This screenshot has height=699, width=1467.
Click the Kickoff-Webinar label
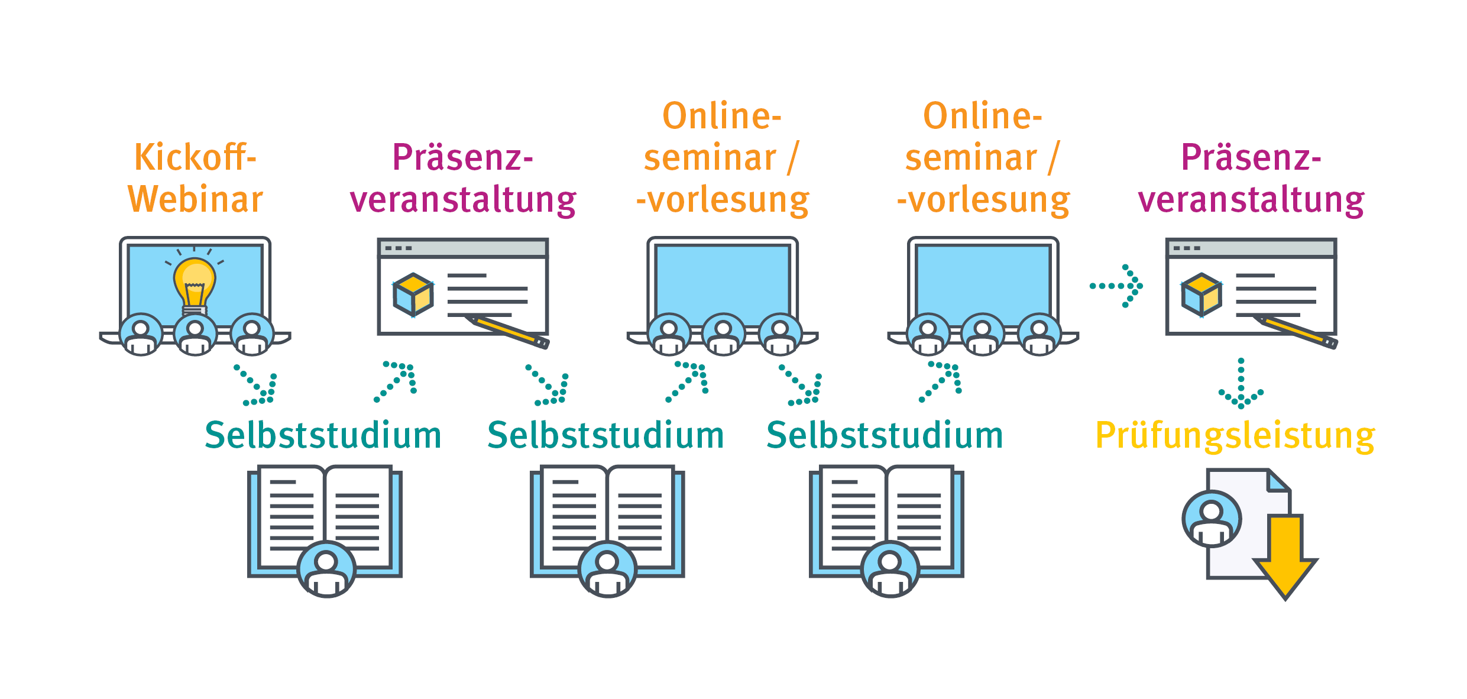195,178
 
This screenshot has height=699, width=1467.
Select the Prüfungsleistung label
1235,436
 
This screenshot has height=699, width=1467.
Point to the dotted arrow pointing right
1117,286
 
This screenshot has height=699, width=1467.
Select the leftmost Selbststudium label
323,436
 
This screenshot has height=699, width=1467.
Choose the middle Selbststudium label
605,436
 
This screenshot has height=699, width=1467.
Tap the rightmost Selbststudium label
885,436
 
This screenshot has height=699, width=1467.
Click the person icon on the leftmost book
326,569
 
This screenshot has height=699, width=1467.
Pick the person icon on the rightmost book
890,569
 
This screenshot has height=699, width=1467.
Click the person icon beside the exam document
1212,519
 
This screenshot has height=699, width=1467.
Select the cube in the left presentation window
413,295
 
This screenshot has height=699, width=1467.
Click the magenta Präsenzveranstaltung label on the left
462,178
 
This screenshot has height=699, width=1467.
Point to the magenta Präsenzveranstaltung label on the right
1251,178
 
